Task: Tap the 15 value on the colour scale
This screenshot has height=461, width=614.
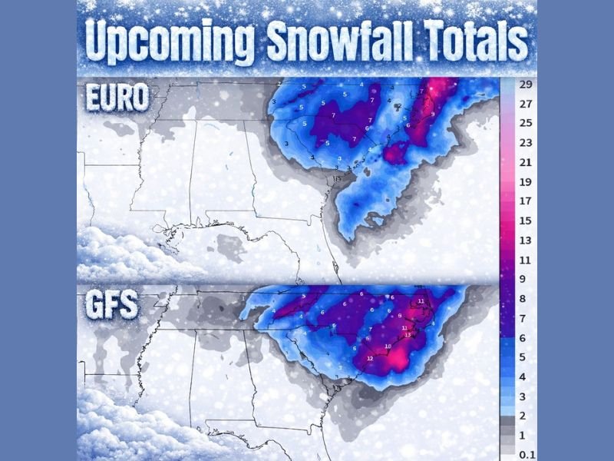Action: tap(526, 221)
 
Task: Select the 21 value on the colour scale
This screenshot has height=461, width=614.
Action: tap(526, 162)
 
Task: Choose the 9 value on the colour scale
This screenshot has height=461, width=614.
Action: tap(526, 279)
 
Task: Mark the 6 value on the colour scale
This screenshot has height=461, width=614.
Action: tap(526, 337)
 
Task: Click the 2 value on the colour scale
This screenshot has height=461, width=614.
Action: tap(526, 416)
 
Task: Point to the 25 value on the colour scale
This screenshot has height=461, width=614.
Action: tap(526, 122)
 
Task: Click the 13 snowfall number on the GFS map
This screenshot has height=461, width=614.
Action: tap(408, 335)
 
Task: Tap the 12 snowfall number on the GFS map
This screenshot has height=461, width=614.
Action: tap(370, 358)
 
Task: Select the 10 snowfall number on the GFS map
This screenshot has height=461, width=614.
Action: tap(388, 347)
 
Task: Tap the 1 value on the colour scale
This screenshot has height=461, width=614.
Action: tap(526, 436)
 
